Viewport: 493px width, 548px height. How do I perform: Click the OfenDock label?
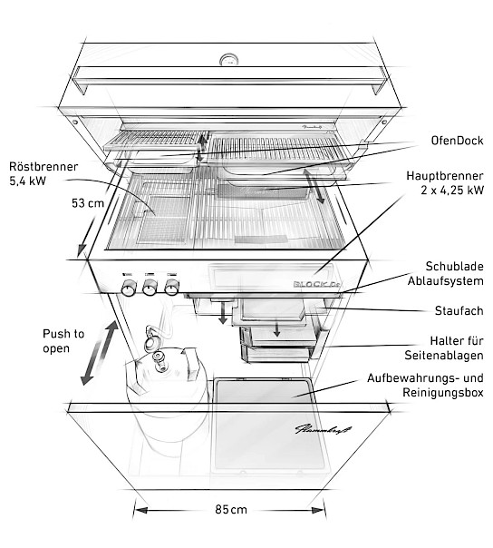[457, 141]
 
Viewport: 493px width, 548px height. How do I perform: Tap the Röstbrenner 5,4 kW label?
[43, 173]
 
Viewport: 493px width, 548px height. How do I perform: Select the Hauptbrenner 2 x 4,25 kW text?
[445, 182]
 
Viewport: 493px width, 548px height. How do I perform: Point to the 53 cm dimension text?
[88, 203]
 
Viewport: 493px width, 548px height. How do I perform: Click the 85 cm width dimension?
[231, 510]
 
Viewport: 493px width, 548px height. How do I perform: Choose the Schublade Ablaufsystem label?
[446, 273]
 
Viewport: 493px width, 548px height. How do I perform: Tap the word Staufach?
[459, 310]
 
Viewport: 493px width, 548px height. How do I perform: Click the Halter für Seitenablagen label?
[444, 347]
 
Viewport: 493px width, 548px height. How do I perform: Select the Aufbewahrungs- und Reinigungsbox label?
[425, 385]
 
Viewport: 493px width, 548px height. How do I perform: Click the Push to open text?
[63, 341]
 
